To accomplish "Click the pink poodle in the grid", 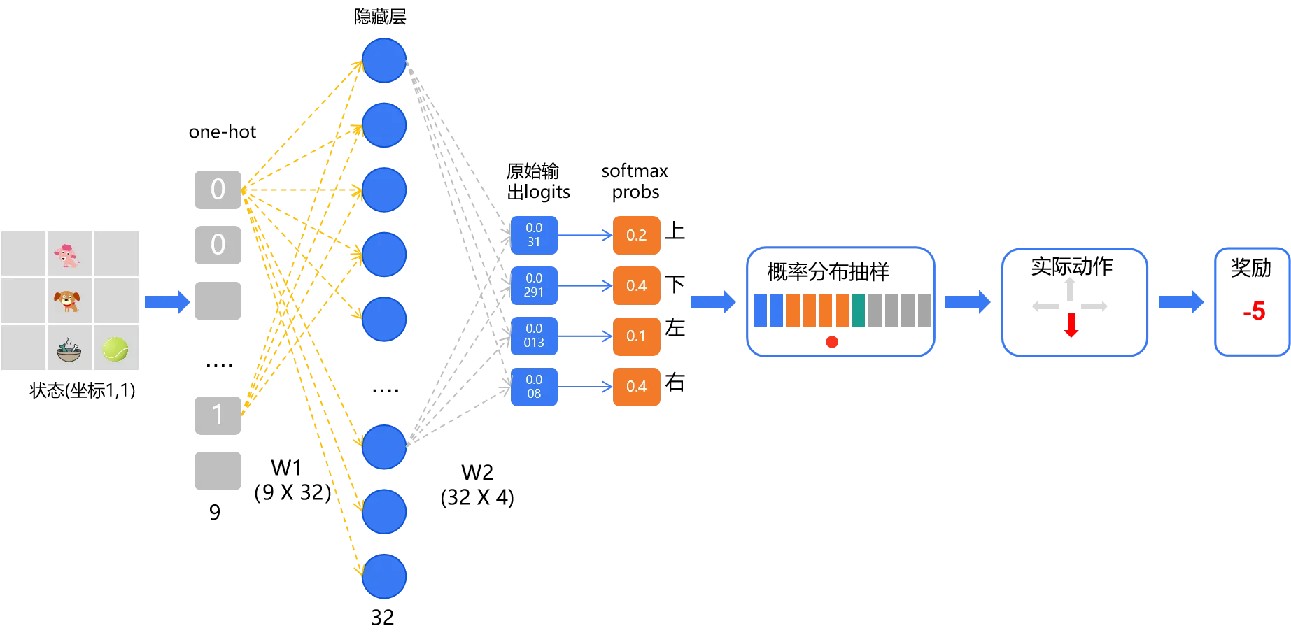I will point(67,255).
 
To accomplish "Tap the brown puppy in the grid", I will point(67,301).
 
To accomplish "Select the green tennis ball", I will point(115,348).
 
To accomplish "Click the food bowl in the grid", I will point(69,350).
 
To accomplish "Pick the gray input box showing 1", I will point(218,415).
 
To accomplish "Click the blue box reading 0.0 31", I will point(534,235).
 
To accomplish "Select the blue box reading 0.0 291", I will point(534,285).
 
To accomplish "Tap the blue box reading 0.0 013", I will point(534,336).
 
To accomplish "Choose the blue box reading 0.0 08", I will point(534,387).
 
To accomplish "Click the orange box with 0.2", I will point(636,235).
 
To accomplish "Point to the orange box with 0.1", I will point(636,336).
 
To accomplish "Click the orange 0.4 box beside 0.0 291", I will point(636,285).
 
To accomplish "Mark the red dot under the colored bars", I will point(832,342).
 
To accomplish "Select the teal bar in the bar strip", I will point(859,311).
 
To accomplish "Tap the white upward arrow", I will point(1069,289).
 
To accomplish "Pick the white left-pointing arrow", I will point(1045,306).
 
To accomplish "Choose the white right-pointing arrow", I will point(1094,306).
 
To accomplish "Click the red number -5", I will point(1254,311).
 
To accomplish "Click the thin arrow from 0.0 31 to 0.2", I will point(585,236).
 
